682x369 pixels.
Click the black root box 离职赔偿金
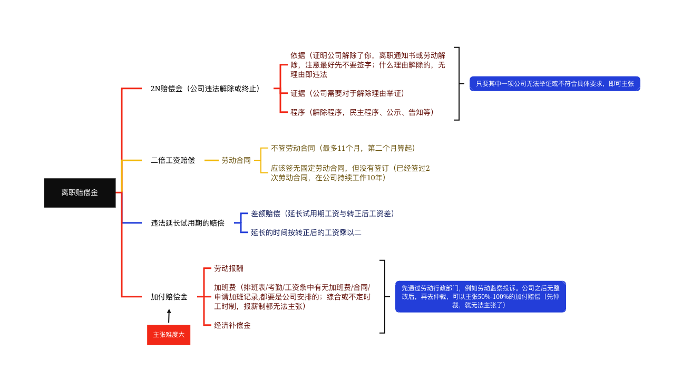[x=80, y=193]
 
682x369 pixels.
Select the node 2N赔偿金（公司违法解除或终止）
[x=205, y=89]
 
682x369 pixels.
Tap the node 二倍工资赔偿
[x=173, y=160]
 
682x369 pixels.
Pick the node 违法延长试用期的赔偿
[x=188, y=223]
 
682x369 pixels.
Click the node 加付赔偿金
[x=169, y=297]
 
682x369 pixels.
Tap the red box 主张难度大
[x=169, y=335]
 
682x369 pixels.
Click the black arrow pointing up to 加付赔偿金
[x=169, y=316]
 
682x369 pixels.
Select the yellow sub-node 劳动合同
[x=236, y=160]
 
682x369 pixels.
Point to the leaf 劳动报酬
[x=229, y=268]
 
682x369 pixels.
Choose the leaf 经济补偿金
[x=232, y=325]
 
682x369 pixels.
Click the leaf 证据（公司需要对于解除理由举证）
[x=347, y=93]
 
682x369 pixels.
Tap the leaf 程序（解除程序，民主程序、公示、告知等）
[x=362, y=112]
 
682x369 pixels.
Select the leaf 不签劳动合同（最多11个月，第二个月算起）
[x=343, y=148]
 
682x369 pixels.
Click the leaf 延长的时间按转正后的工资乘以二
[x=306, y=232]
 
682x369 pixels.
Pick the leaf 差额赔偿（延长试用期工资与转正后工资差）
[x=323, y=213]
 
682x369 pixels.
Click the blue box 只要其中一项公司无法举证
[x=555, y=84]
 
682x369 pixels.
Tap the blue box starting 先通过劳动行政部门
[x=481, y=297]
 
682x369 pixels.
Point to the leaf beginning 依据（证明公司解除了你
[x=368, y=65]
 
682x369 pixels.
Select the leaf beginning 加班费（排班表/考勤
[x=293, y=297]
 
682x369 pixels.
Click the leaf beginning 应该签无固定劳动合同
[x=350, y=173]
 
